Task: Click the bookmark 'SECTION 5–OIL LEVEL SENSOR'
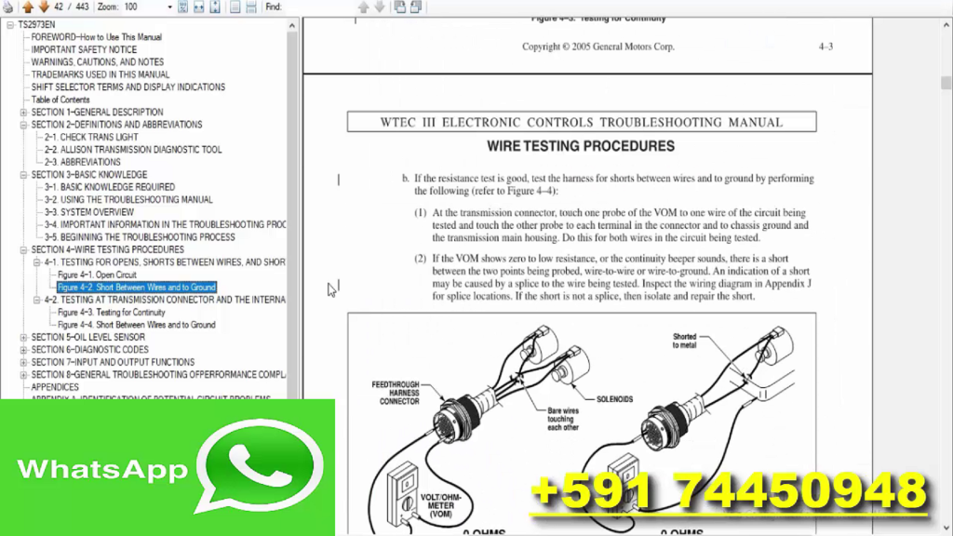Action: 87,337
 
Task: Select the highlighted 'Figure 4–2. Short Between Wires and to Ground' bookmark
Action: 136,288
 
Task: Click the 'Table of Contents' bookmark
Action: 60,100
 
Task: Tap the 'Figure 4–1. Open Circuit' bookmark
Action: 97,275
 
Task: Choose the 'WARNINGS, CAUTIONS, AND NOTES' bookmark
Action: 97,62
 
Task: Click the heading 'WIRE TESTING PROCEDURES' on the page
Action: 581,146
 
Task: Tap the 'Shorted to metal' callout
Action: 684,341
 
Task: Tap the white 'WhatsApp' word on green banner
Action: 102,468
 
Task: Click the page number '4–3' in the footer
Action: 825,47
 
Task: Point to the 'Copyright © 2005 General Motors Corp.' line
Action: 597,47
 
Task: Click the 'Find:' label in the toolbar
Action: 274,7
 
